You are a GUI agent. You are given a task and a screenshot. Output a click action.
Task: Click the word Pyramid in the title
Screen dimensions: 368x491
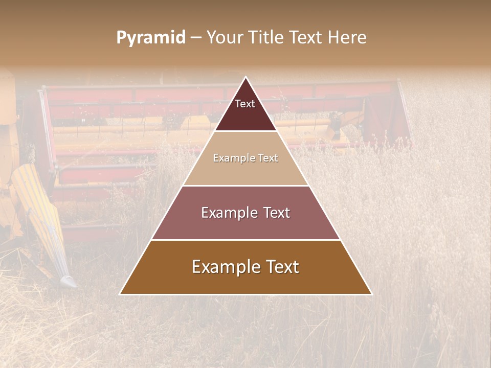tap(150, 38)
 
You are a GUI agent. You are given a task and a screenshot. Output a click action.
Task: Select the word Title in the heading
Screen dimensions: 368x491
tap(269, 38)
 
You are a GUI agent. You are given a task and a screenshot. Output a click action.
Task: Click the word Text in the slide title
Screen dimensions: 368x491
tap(307, 38)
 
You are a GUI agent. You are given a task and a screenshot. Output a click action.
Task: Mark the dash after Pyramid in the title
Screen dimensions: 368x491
tap(196, 38)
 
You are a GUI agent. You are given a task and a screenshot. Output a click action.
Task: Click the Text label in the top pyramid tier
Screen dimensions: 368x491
tap(245, 104)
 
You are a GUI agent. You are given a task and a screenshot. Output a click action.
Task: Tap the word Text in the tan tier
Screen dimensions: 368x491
tap(267, 158)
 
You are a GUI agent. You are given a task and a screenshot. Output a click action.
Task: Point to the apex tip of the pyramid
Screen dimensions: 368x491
tap(245, 77)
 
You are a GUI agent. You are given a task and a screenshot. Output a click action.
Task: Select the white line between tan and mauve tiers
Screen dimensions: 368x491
tap(245, 186)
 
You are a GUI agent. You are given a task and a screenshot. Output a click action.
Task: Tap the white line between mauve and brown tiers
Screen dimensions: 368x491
tap(245, 240)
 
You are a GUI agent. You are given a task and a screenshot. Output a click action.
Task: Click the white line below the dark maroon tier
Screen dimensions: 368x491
tap(245, 131)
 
